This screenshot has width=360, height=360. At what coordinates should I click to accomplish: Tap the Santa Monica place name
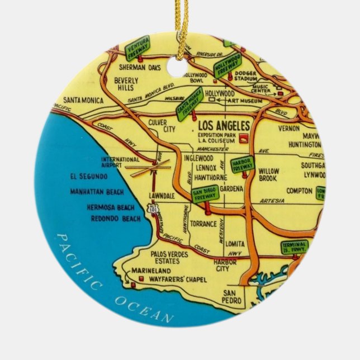coord(83,101)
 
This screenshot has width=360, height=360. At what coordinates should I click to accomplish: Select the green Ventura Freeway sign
coord(138,47)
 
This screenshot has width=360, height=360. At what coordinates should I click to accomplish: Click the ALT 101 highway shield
coord(153,209)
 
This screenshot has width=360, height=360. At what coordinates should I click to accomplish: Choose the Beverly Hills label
coord(126,84)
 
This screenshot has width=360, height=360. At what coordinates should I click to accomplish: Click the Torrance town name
coord(203,224)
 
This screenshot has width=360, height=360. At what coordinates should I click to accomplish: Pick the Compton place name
coord(300,191)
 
